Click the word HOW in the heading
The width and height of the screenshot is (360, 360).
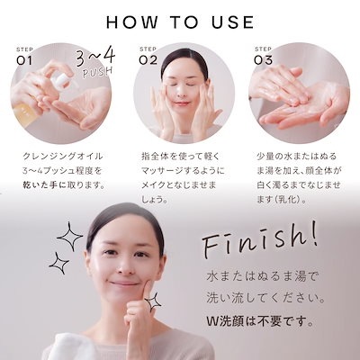coord(132,22)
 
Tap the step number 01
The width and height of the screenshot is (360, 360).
coord(24,60)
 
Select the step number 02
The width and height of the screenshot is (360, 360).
coord(148,60)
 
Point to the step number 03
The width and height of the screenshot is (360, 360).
coord(263,60)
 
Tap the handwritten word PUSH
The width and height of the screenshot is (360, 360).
coord(97,73)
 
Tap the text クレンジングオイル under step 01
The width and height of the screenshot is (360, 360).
coord(63,157)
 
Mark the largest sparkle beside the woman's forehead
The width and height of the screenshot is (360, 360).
coord(69,237)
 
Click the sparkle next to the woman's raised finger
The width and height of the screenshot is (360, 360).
coord(153,301)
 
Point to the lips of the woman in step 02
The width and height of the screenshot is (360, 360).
coord(181,103)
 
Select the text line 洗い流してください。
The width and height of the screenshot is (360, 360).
coord(265,299)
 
